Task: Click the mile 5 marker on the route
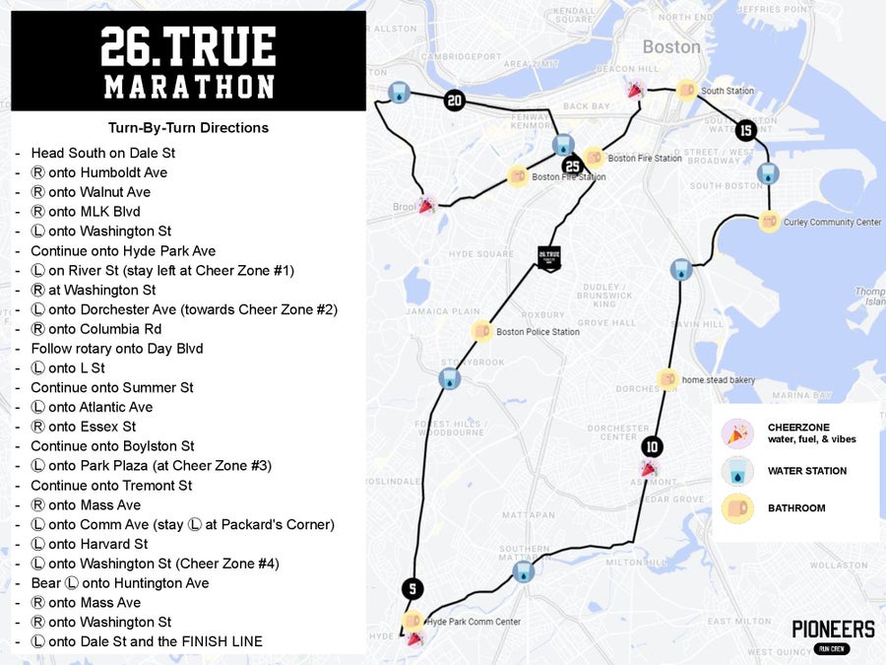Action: [412, 589]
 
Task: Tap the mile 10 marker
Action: [652, 445]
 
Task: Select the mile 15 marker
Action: [745, 130]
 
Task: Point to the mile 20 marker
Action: [454, 100]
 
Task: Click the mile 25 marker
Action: [572, 166]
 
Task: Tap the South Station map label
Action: [728, 92]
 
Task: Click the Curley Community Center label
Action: [832, 223]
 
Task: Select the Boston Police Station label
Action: [538, 332]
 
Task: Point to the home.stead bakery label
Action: [719, 379]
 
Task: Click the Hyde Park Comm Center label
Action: [474, 622]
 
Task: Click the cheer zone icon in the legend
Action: [737, 433]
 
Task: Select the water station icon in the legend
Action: [737, 471]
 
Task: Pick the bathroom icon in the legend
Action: [737, 508]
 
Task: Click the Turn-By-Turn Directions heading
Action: [188, 128]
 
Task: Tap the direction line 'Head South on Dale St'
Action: [103, 153]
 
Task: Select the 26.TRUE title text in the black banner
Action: [188, 47]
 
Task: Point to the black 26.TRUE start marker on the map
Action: [548, 257]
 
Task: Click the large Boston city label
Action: [671, 46]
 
